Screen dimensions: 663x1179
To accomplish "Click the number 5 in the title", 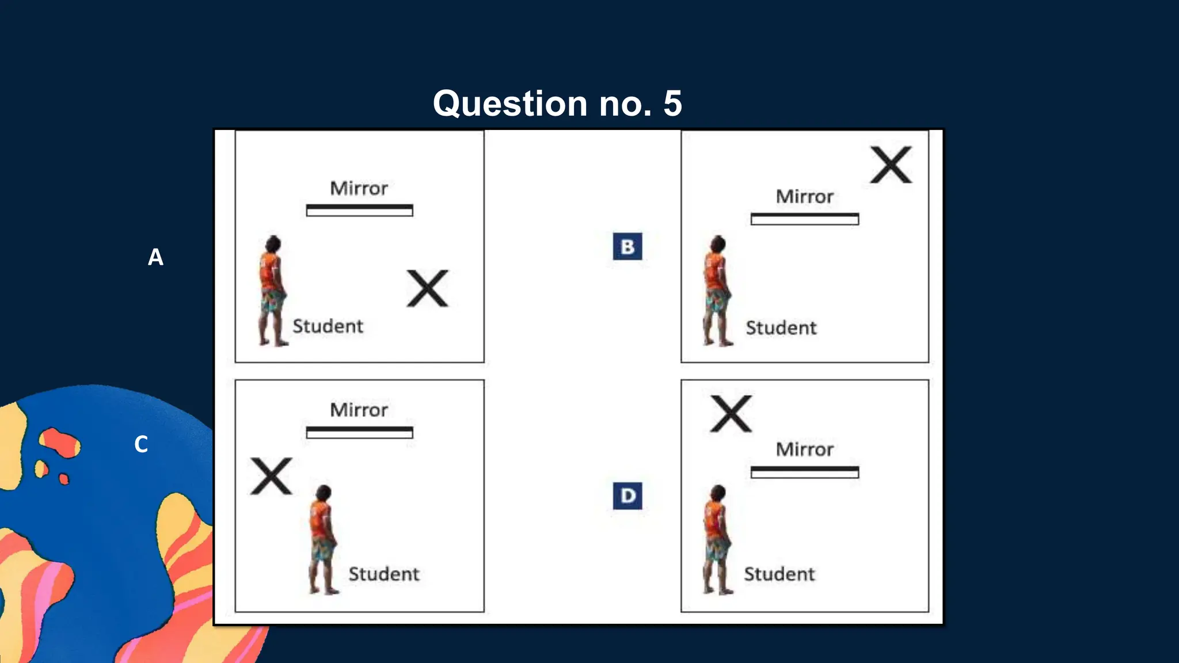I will click(x=672, y=104).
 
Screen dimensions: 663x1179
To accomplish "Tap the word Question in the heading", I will click(x=510, y=104).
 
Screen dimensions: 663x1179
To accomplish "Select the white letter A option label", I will click(x=155, y=257).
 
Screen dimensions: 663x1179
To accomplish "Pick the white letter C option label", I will click(x=141, y=444).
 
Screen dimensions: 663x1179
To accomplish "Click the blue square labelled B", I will click(x=627, y=246).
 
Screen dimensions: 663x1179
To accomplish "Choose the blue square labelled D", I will click(x=627, y=496).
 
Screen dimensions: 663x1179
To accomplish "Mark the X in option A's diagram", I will click(x=427, y=288).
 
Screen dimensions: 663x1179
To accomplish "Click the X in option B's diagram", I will click(x=891, y=165).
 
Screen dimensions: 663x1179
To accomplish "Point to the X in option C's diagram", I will click(x=271, y=477).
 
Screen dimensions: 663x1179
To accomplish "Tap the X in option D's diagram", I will click(x=731, y=414).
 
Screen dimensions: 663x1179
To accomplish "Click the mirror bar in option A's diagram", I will click(x=359, y=211).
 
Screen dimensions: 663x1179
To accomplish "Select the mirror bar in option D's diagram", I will click(x=804, y=472).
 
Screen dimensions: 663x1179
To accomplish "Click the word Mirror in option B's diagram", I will click(x=804, y=197).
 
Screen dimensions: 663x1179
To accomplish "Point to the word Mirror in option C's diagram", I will click(x=359, y=410).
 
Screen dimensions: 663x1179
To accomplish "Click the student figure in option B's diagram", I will click(x=716, y=291).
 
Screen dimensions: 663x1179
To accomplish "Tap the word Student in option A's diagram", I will click(x=328, y=326).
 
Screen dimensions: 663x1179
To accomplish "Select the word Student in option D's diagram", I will click(x=779, y=574).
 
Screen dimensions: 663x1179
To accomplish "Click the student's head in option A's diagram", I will click(x=273, y=243).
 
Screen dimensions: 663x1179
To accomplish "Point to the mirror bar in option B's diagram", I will click(x=804, y=219).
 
